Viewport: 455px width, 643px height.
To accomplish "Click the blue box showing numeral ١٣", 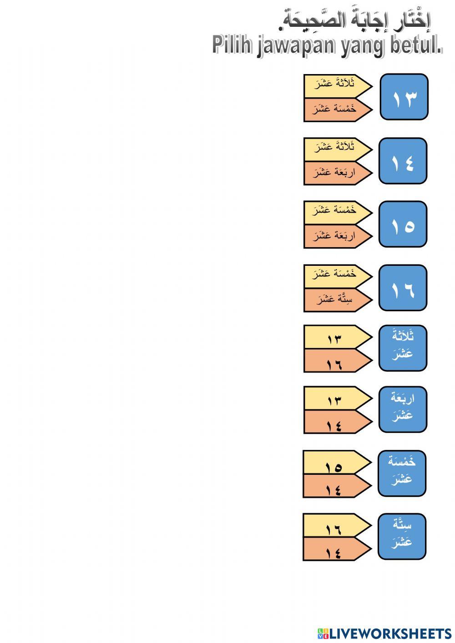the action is [404, 97].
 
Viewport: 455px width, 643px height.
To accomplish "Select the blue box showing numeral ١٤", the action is [403, 161].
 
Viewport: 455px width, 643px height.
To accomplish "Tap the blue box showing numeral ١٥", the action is [403, 224].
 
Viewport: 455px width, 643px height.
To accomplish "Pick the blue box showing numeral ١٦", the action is [403, 288].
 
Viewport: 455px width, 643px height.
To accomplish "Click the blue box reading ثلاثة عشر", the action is [403, 348].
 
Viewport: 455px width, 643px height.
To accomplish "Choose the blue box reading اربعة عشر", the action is [403, 409].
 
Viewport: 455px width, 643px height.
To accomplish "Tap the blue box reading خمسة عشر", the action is [402, 474].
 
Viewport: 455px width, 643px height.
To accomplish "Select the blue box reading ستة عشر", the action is [402, 537].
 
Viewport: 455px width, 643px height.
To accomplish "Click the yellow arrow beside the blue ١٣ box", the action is [338, 86].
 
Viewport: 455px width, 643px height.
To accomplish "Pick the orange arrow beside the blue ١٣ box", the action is [338, 110].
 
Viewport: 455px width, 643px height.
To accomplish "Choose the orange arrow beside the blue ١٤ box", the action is [338, 173].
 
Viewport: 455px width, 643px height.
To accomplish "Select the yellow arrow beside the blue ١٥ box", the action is [338, 213].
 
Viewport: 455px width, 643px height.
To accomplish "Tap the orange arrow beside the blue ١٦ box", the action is [338, 300].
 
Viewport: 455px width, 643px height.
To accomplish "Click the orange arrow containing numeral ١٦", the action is [338, 360].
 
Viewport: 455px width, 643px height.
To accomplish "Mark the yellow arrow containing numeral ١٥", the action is [337, 462].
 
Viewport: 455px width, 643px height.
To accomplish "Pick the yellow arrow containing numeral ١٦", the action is [337, 525].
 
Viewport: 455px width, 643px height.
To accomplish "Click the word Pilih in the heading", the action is [232, 45].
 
